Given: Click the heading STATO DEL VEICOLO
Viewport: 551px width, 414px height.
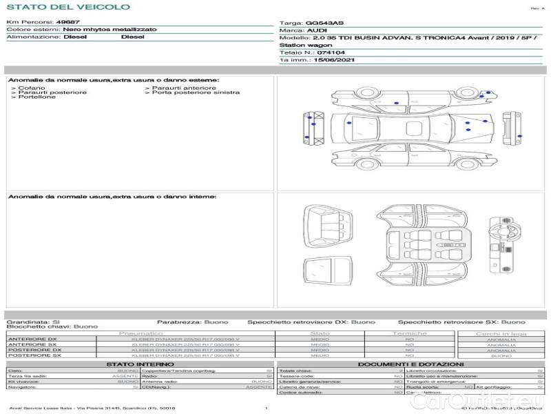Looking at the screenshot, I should point(67,8).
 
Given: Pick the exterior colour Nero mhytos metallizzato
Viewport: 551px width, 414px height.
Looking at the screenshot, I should point(110,30).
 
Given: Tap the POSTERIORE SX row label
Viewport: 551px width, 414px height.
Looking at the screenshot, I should point(34,355).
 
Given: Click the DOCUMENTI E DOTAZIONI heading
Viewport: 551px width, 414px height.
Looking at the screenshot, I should point(410,364).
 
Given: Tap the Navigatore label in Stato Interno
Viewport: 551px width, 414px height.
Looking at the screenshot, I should point(25,387).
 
